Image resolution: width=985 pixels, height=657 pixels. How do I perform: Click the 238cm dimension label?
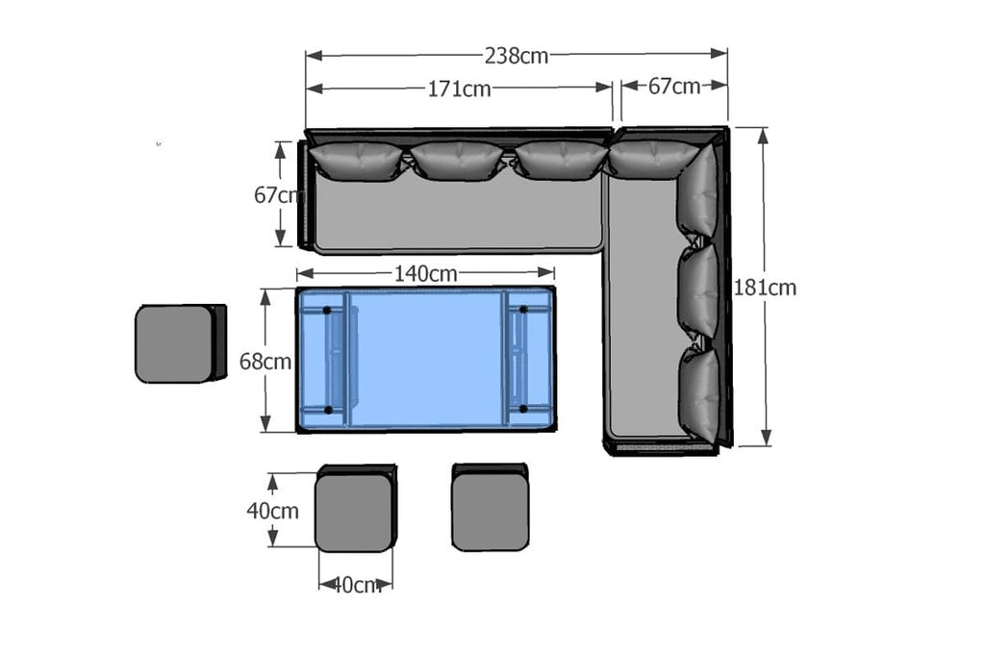516,56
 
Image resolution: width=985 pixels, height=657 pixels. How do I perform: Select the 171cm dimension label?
459,89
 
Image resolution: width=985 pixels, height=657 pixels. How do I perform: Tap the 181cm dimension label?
765,288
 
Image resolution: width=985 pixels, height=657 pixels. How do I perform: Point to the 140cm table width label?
425,274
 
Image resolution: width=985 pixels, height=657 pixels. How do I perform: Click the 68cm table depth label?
265,361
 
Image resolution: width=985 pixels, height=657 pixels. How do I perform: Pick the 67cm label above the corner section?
674,86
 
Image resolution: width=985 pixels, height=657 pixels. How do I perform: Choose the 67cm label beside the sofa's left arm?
278,195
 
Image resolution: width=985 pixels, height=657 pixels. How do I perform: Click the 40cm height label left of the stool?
272,511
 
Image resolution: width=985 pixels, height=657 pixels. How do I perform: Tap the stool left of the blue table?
180,343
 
